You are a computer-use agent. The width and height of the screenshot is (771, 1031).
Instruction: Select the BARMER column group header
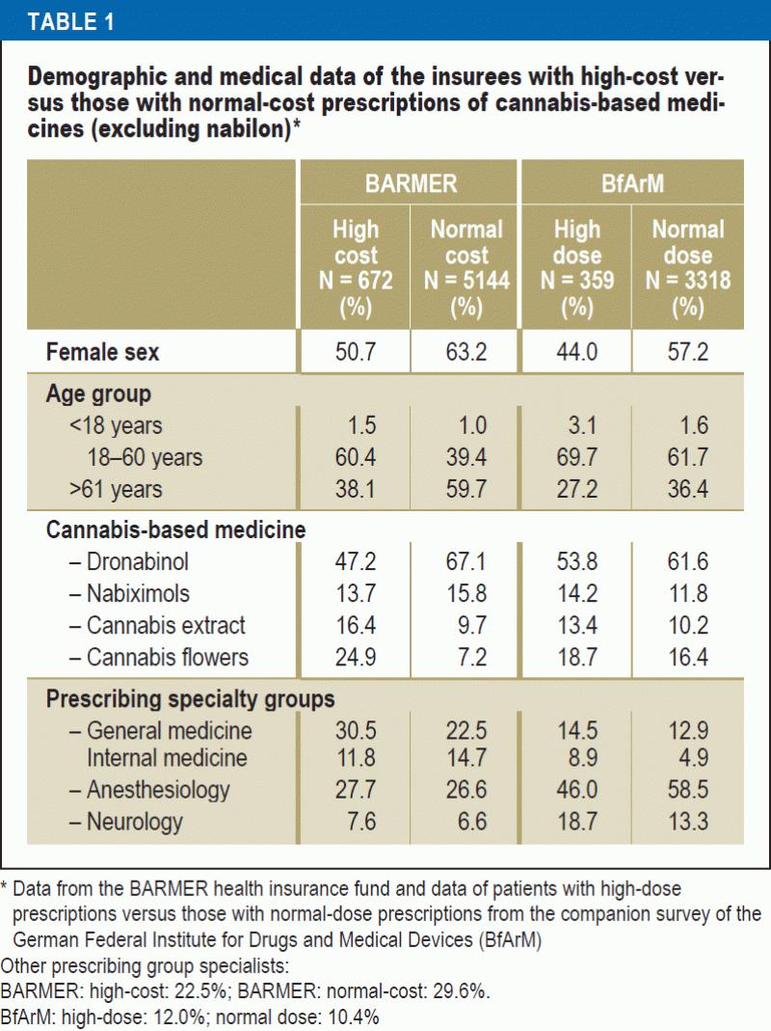click(x=411, y=183)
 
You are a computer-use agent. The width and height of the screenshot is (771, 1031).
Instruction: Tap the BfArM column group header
click(x=631, y=183)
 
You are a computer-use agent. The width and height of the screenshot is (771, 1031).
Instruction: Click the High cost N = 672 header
click(x=356, y=268)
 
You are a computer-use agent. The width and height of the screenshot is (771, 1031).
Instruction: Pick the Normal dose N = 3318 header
click(x=687, y=268)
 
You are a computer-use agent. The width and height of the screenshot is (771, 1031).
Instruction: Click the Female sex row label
click(x=103, y=352)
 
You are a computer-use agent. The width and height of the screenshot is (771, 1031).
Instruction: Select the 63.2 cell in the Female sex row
click(x=466, y=352)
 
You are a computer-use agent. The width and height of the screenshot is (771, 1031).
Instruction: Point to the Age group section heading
click(x=98, y=394)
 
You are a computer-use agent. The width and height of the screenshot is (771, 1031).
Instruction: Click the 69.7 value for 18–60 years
click(x=576, y=457)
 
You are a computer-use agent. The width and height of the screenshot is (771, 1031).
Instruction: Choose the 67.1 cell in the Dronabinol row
click(x=466, y=561)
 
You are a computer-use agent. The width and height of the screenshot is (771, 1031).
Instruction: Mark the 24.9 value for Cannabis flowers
click(x=356, y=658)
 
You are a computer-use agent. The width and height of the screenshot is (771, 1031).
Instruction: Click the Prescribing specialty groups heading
click(x=191, y=699)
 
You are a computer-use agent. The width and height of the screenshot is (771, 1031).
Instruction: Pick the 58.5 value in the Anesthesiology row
click(x=687, y=790)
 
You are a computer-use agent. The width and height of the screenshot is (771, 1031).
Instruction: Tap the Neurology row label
click(x=135, y=822)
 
